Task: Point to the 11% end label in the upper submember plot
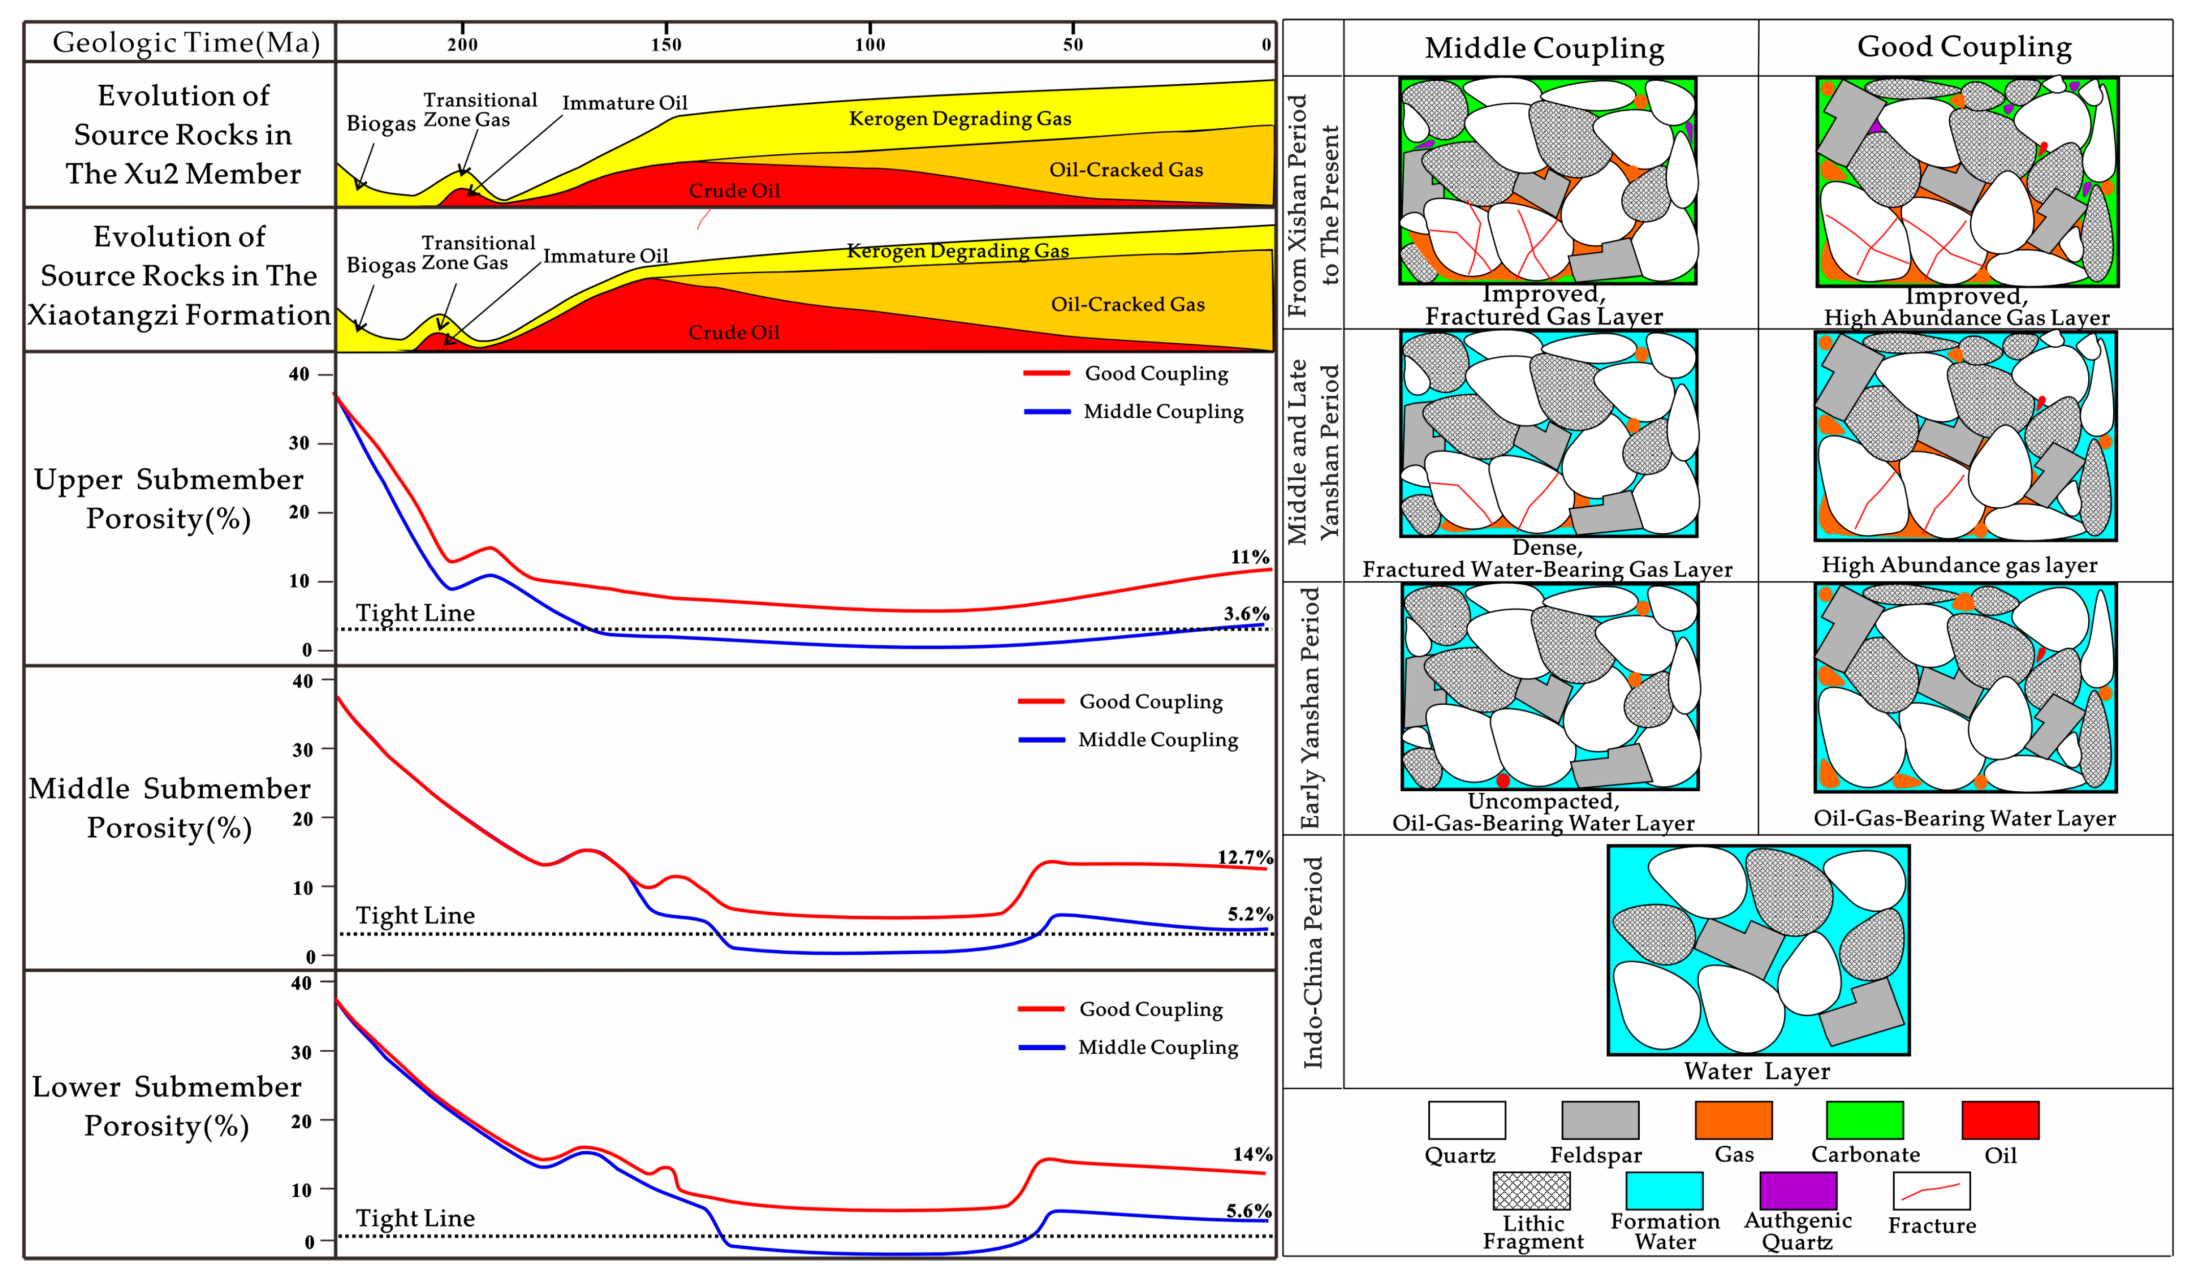(1249, 557)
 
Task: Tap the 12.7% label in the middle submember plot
(1244, 858)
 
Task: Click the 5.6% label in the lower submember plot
(1248, 1211)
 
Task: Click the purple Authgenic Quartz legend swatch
(1797, 1190)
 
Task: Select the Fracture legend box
(1931, 1190)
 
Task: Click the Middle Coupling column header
(1544, 48)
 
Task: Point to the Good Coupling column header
(1964, 46)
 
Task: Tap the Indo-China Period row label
(1313, 962)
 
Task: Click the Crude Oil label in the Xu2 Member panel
(734, 191)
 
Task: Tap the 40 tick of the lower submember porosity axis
(301, 983)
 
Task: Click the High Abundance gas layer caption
(1959, 564)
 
